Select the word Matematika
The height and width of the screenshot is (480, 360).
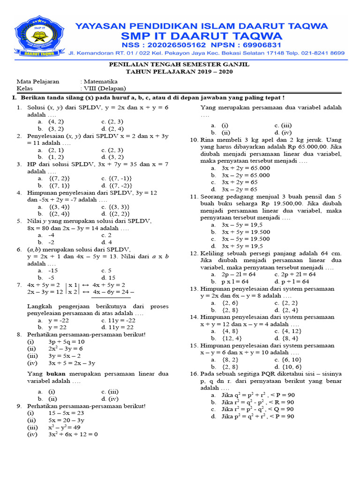click(100, 81)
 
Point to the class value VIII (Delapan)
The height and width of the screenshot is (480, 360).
click(105, 88)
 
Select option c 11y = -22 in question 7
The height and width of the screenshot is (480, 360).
click(119, 320)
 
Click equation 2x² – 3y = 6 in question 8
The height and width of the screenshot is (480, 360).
click(65, 349)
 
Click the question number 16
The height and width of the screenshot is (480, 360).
click(194, 374)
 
